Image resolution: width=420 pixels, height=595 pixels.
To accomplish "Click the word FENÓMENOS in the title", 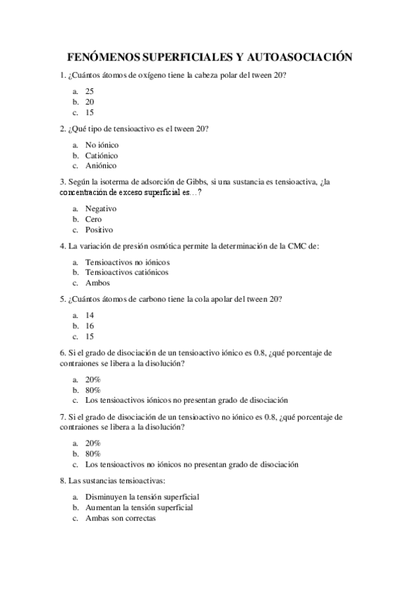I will click(x=103, y=58).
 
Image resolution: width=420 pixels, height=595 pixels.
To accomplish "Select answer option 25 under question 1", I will click(x=89, y=91).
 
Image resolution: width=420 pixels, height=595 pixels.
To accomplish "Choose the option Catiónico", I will click(x=101, y=155).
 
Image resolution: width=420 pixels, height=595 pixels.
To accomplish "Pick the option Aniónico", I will click(x=100, y=166).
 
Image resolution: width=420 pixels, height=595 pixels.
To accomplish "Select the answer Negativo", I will click(x=100, y=208).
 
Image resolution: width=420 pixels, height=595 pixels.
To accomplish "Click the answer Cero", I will click(x=93, y=219).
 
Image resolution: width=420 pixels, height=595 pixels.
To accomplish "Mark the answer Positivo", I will click(x=99, y=229).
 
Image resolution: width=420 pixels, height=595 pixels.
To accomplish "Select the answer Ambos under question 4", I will click(x=97, y=283).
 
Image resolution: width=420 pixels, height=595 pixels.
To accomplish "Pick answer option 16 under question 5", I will click(x=89, y=326).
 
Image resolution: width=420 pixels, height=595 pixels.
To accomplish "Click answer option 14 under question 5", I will click(x=89, y=315).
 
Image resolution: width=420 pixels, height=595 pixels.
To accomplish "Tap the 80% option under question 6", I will click(x=93, y=389).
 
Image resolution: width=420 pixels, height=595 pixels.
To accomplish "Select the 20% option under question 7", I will click(x=93, y=443).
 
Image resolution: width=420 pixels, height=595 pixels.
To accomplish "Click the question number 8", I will click(x=63, y=481).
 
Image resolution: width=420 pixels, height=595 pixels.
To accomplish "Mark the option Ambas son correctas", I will click(x=120, y=518).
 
